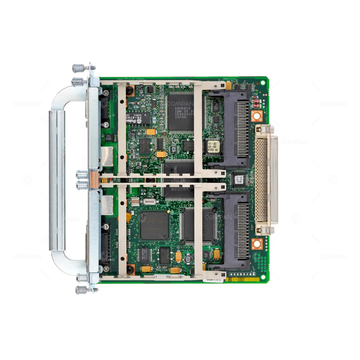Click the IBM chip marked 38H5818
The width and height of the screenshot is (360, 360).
tap(181, 111)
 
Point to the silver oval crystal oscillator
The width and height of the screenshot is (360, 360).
tap(149, 202)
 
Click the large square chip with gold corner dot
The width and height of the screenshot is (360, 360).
tap(154, 225)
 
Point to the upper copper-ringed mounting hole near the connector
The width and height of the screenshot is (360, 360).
tap(256, 116)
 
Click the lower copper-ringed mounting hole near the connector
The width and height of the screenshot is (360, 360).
tap(256, 244)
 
